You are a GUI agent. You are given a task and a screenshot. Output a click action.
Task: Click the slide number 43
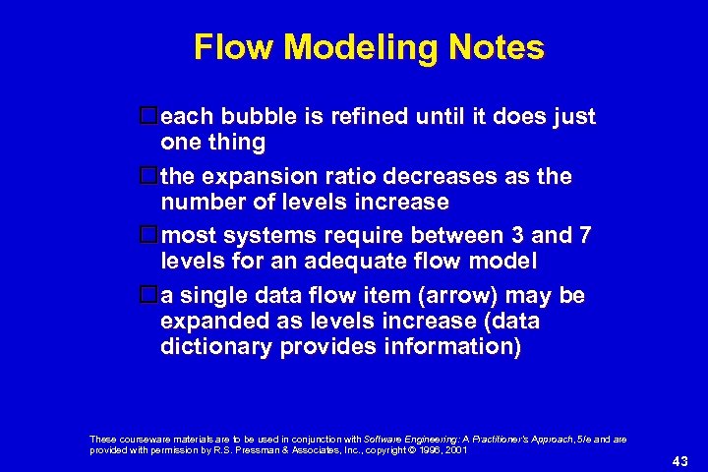pos(679,461)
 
